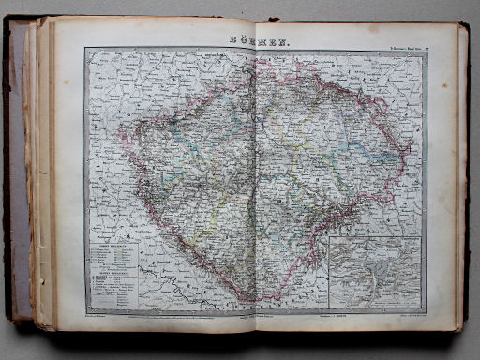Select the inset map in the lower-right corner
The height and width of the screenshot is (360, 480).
tap(375, 271)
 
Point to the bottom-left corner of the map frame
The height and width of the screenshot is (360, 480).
tap(85, 313)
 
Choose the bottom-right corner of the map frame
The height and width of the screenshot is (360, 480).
tap(427, 312)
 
